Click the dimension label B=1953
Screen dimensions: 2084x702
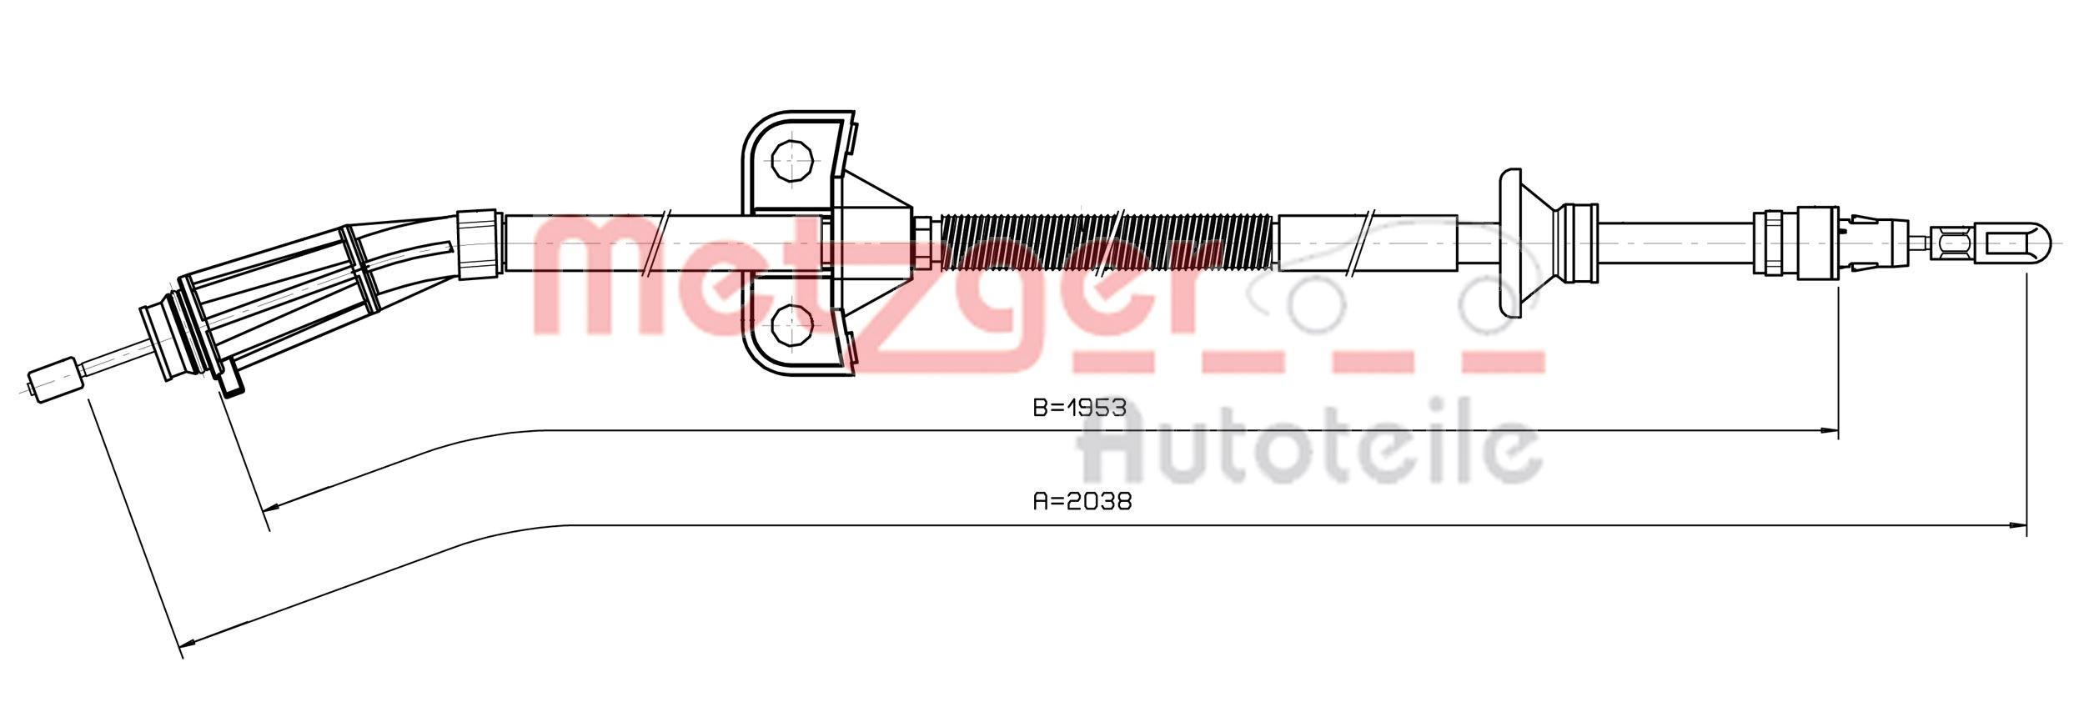coord(1079,408)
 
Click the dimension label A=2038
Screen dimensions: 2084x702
coord(1082,501)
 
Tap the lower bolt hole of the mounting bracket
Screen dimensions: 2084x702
coord(791,324)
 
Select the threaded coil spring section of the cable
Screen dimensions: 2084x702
coord(1107,242)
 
